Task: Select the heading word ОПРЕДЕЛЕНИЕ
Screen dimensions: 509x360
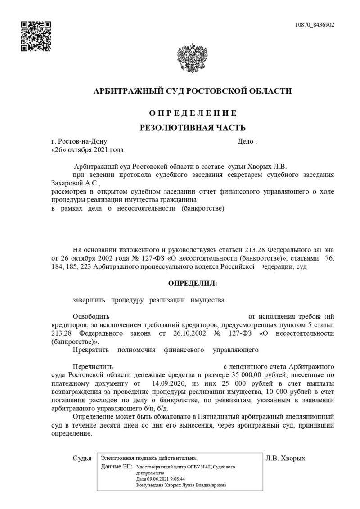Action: (x=193, y=113)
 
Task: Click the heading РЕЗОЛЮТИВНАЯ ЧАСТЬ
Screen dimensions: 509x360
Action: (x=193, y=127)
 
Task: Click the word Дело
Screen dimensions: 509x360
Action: (x=246, y=142)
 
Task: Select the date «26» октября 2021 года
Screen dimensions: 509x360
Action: (x=88, y=149)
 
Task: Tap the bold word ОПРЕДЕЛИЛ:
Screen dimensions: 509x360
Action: (x=192, y=284)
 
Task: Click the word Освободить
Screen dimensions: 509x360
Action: (x=91, y=316)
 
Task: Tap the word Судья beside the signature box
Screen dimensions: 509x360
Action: (x=82, y=459)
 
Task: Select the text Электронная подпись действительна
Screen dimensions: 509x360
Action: (x=149, y=458)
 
